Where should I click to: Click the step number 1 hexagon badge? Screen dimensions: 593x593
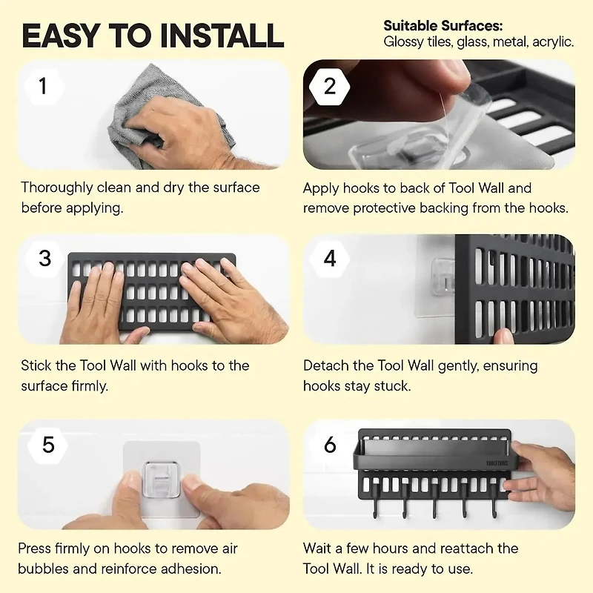(43, 86)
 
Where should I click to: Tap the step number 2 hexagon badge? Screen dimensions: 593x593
(330, 86)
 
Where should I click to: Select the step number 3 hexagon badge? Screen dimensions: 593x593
(45, 258)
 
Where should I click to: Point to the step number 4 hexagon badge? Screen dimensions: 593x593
(330, 258)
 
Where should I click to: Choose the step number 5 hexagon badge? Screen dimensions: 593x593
(48, 444)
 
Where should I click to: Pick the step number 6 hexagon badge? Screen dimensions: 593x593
(330, 444)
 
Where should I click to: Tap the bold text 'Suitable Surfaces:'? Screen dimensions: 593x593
(433, 26)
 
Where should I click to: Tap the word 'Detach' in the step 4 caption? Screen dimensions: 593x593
(325, 365)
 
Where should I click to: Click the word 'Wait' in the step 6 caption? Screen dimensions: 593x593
(319, 549)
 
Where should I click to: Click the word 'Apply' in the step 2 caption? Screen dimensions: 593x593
(322, 188)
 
